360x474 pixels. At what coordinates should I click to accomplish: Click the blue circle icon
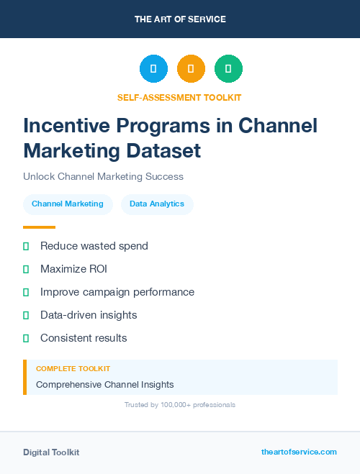pos(153,68)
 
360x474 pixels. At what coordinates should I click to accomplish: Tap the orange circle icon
pos(191,68)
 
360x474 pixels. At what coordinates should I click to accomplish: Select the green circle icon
pos(228,68)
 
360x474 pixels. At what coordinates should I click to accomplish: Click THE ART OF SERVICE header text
pos(180,19)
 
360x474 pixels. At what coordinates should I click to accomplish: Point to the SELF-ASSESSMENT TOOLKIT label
pos(179,97)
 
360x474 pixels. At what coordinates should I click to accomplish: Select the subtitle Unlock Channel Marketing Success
pos(103,176)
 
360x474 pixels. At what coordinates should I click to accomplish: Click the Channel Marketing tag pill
pos(68,204)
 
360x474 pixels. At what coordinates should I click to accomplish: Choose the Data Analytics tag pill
pos(157,204)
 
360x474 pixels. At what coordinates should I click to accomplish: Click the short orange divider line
pos(39,227)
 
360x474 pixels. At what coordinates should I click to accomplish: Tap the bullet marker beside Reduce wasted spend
pos(26,246)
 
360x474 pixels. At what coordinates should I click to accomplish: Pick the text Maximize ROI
pos(73,269)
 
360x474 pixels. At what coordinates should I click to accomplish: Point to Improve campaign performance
pos(117,292)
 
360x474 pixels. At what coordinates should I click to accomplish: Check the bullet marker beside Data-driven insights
pos(26,315)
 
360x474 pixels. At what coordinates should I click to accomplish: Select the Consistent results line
pos(84,338)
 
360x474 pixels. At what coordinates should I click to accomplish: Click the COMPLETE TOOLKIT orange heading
pos(73,368)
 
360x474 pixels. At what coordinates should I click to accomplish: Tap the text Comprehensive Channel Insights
pos(105,384)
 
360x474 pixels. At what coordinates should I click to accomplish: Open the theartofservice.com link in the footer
pos(299,452)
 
